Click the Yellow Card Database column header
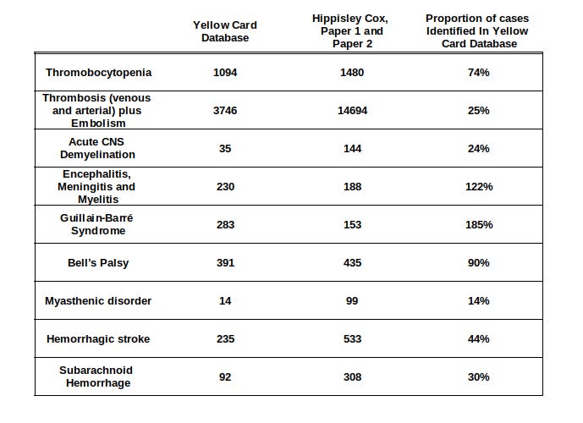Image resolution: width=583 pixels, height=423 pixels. pos(225,31)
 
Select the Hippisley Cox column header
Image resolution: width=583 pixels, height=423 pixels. pos(352,31)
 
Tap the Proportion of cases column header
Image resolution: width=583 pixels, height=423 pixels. pos(478,31)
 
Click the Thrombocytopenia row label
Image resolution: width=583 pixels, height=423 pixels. pos(98,73)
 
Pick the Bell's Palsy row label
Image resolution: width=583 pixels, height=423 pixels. pos(98,263)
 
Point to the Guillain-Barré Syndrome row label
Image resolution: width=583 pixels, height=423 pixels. pos(98,225)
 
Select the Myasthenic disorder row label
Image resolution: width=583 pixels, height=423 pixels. pos(98,301)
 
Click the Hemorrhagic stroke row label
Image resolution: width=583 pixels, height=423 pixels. pos(98,339)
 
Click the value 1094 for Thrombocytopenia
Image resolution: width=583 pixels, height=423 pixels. pos(225,73)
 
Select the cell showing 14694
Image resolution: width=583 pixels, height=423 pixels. pos(352,111)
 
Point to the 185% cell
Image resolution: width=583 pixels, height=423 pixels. pos(479,225)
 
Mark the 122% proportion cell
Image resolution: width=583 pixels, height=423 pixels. pos(479,187)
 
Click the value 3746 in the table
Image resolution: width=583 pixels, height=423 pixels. pos(225,111)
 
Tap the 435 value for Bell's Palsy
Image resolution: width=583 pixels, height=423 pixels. pos(352,263)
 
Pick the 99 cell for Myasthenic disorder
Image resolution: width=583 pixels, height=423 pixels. pos(352,301)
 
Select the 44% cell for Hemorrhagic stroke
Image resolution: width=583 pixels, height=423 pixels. pos(479,339)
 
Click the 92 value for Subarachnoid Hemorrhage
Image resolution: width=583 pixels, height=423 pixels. pos(225,377)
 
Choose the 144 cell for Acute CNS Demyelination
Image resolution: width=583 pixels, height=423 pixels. pos(352,149)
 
